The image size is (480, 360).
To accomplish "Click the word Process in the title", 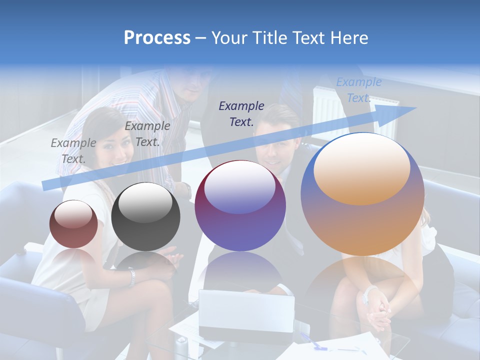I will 157,38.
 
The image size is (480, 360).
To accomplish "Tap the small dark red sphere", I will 73,224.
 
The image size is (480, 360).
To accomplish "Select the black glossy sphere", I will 145,217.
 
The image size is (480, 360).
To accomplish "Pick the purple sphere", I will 240,205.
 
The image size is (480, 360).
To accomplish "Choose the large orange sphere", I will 362,194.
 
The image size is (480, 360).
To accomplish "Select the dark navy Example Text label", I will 241,113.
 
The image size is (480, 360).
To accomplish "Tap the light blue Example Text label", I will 358,90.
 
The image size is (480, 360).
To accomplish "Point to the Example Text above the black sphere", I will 147,133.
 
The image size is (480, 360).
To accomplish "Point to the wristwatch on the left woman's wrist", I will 132,277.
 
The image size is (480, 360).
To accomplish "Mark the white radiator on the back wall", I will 330,108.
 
